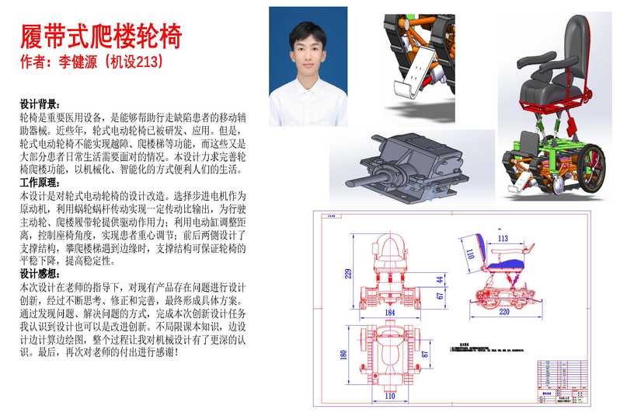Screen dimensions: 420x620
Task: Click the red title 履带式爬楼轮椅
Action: pyautogui.click(x=100, y=35)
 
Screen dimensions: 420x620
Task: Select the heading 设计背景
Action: pyautogui.click(x=40, y=103)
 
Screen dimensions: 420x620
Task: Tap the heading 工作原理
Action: pyautogui.click(x=40, y=182)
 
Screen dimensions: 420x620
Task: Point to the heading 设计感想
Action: pyautogui.click(x=40, y=274)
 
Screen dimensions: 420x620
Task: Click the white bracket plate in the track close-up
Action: pyautogui.click(x=420, y=70)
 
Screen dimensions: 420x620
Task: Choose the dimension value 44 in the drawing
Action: pyautogui.click(x=440, y=278)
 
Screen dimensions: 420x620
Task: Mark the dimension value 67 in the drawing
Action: pyautogui.click(x=440, y=296)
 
